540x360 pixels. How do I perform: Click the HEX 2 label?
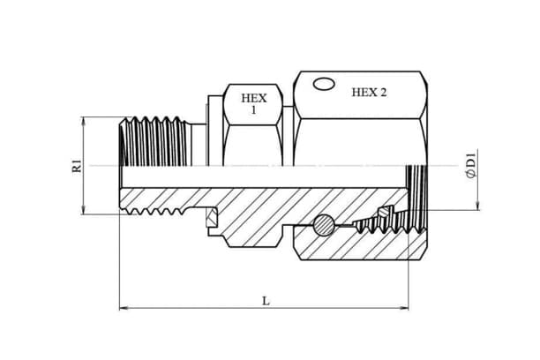pos(369,93)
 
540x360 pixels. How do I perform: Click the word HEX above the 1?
pos(253,99)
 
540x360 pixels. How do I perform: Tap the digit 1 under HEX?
pos(254,110)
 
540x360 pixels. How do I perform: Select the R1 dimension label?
pos(77,166)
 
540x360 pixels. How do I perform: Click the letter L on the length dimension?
pos(266,301)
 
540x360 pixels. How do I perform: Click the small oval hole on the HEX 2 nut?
pos(323,84)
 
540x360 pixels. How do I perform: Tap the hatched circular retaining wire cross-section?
pos(323,225)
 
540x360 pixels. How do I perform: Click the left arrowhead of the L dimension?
pos(124,307)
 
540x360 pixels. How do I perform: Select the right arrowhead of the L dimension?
pos(403,307)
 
